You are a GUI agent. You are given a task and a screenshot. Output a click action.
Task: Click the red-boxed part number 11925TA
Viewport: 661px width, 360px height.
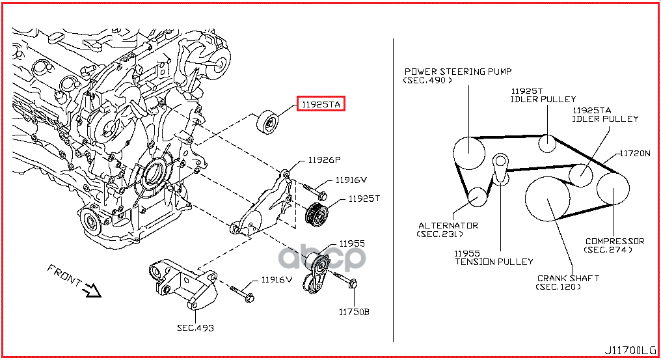coord(320,105)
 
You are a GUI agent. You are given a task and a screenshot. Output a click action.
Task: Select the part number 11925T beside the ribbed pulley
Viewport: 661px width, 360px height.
coord(364,199)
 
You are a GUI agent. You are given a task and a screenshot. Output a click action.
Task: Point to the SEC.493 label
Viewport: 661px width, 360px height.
coord(195,327)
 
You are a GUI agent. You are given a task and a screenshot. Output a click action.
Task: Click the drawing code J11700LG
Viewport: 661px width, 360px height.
coord(630,350)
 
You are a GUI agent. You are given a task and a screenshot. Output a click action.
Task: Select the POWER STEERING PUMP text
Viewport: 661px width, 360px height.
coord(458,72)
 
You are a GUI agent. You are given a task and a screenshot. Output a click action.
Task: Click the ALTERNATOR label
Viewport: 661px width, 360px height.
coord(448,225)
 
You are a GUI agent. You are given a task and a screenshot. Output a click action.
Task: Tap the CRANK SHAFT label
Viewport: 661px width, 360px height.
coord(568,278)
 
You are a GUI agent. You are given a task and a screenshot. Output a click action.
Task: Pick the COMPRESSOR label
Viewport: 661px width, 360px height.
coord(615,241)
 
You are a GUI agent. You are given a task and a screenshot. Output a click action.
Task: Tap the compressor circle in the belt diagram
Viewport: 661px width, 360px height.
coord(614,188)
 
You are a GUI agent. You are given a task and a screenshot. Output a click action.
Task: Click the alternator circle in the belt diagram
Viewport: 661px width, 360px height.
coord(478,197)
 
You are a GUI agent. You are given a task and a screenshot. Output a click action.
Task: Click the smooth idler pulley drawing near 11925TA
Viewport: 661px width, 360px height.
coord(268,122)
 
